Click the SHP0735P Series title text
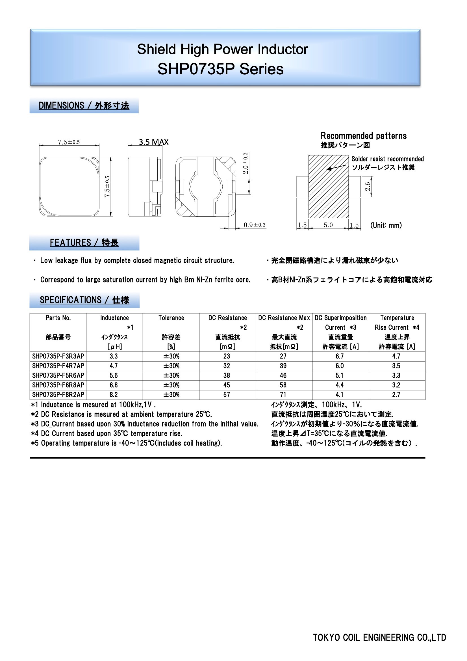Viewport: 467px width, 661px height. pos(220,69)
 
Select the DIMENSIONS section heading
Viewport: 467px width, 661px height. pos(84,106)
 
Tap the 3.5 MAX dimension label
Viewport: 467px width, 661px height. pos(154,142)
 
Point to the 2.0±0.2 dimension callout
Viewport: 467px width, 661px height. pos(246,163)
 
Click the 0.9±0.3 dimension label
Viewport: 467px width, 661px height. pos(255,225)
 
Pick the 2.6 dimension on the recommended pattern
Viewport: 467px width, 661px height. pos(368,187)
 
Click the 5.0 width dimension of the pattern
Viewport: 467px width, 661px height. pos(328,225)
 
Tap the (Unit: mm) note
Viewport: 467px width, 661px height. pos(386,225)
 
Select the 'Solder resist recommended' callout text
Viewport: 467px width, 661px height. pos(388,159)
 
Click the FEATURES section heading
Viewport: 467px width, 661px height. pos(84,243)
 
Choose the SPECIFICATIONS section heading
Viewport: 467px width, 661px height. pos(84,300)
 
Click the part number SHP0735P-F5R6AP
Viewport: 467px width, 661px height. pos(58,375)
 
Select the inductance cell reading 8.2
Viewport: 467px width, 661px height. pos(114,395)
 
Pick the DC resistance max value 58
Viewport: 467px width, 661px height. pos(283,385)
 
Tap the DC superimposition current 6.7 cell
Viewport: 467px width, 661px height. pos(340,356)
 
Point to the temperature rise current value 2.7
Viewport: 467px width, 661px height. pos(396,395)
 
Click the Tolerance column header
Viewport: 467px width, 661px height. pos(171,318)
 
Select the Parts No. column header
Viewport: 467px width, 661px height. pos(58,318)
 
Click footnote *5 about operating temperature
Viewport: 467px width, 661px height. pos(127,443)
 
